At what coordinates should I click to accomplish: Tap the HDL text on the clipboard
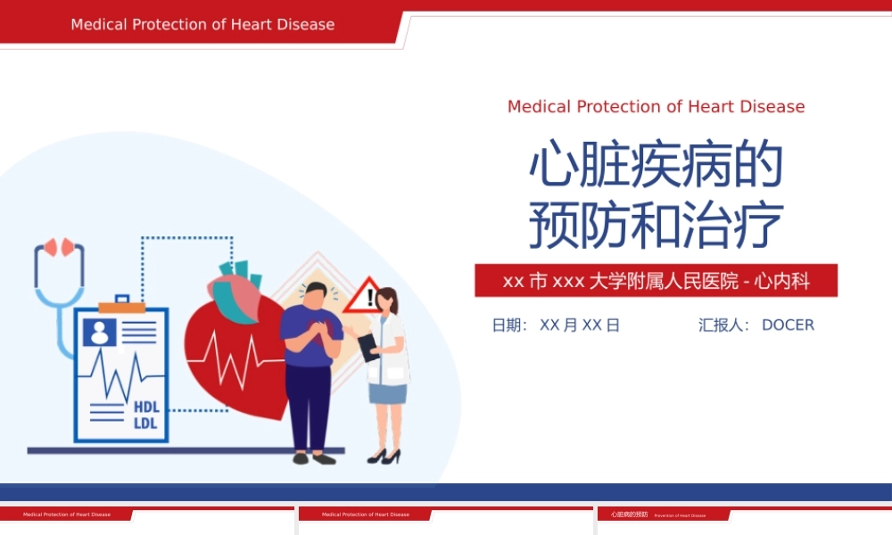(146, 407)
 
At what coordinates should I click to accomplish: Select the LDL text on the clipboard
(145, 423)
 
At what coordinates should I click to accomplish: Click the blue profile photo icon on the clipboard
(98, 333)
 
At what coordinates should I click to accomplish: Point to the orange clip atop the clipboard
(121, 307)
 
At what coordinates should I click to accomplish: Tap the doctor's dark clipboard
(368, 346)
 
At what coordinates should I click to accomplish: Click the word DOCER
(788, 325)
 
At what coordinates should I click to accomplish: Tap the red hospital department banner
(656, 281)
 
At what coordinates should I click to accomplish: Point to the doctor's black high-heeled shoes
(384, 456)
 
